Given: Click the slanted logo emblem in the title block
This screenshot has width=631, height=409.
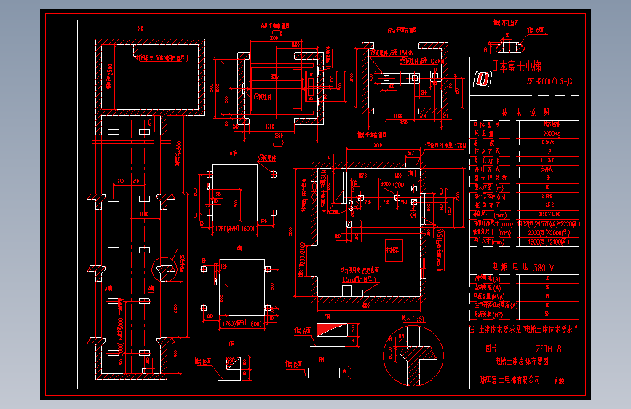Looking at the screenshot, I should click(x=483, y=78).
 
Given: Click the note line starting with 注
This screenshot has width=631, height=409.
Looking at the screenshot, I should click(x=523, y=329).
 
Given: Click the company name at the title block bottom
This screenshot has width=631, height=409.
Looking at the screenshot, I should click(x=510, y=379).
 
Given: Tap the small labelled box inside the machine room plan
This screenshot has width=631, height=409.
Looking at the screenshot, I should click(x=393, y=249).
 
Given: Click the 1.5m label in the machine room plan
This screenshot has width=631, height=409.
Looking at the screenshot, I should click(x=349, y=279).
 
